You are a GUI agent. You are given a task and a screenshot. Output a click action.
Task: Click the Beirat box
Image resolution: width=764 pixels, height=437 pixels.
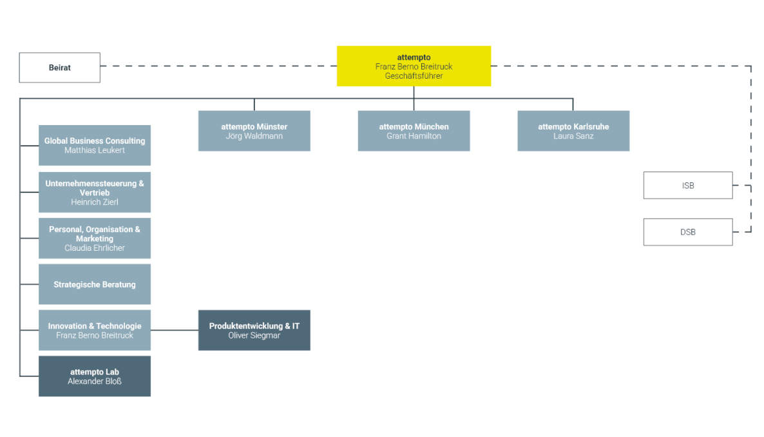pyautogui.click(x=59, y=68)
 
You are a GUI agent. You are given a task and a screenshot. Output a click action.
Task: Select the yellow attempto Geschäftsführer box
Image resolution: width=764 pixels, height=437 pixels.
pyautogui.click(x=414, y=66)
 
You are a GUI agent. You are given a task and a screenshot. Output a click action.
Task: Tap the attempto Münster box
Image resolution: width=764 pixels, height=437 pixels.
pyautogui.click(x=254, y=131)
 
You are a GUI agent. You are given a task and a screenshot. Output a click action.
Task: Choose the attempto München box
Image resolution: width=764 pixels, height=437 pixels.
pyautogui.click(x=414, y=131)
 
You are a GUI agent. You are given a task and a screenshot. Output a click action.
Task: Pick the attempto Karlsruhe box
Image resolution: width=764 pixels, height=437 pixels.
pyautogui.click(x=573, y=131)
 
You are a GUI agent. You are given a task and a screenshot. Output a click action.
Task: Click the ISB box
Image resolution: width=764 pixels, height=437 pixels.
pyautogui.click(x=688, y=186)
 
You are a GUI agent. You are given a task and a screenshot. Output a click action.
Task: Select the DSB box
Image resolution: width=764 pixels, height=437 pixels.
pyautogui.click(x=688, y=232)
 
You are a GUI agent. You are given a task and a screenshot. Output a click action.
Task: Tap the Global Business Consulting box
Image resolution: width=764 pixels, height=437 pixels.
pyautogui.click(x=95, y=145)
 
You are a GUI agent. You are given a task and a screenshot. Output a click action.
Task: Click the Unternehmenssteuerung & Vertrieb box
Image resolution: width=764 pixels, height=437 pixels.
pyautogui.click(x=95, y=192)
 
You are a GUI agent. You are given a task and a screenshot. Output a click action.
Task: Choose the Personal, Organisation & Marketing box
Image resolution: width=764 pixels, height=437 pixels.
pyautogui.click(x=95, y=238)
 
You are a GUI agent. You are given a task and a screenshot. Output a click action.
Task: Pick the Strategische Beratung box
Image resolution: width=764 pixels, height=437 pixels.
pyautogui.click(x=95, y=284)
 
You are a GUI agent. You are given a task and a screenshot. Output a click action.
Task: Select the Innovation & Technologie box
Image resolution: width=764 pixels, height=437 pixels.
pyautogui.click(x=95, y=330)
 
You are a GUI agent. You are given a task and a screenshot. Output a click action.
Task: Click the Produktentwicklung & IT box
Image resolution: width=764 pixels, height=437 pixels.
pyautogui.click(x=254, y=330)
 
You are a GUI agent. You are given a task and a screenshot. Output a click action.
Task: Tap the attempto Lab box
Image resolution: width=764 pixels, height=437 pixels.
pyautogui.click(x=95, y=376)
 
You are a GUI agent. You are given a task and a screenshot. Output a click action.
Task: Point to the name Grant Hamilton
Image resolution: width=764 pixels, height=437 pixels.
pyautogui.click(x=414, y=137)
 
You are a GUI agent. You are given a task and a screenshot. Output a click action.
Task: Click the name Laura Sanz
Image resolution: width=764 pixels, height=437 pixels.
pyautogui.click(x=573, y=137)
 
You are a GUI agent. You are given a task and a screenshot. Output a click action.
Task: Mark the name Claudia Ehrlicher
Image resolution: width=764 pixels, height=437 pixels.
pyautogui.click(x=95, y=248)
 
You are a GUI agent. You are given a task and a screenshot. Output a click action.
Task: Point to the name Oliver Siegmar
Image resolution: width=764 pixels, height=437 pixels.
pyautogui.click(x=254, y=335)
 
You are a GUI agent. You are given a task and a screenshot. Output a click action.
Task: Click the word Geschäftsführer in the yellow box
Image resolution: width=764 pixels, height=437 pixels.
pyautogui.click(x=414, y=76)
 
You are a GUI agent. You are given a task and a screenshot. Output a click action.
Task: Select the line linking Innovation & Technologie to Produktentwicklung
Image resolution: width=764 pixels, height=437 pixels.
pyautogui.click(x=175, y=330)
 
